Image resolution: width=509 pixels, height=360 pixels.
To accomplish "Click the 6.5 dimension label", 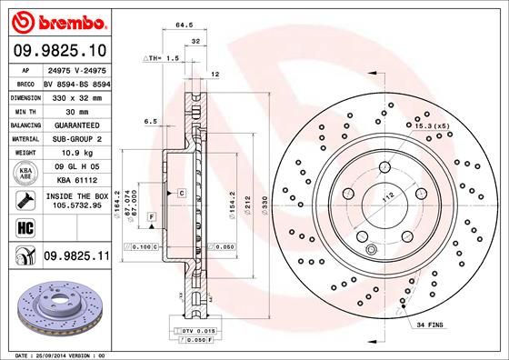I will point(151,121).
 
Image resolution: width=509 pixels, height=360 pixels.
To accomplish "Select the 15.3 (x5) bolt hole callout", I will point(431,125).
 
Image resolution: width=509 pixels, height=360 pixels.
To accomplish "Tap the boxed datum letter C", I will point(181,194).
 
